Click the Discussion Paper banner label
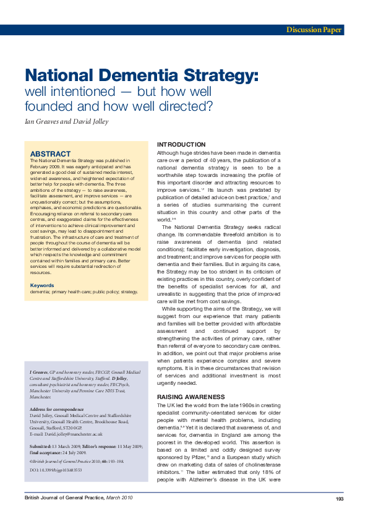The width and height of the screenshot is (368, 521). [x=314, y=30]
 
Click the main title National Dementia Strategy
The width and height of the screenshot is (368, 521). [x=141, y=76]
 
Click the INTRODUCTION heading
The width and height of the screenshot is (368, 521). [x=181, y=144]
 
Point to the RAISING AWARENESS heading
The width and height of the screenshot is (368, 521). [x=190, y=396]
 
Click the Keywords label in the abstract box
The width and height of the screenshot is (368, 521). [x=42, y=285]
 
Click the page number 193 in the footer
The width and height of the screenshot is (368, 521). [x=340, y=499]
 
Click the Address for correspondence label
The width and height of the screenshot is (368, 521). [x=57, y=410]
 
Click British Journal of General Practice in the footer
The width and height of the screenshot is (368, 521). [x=59, y=499]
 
